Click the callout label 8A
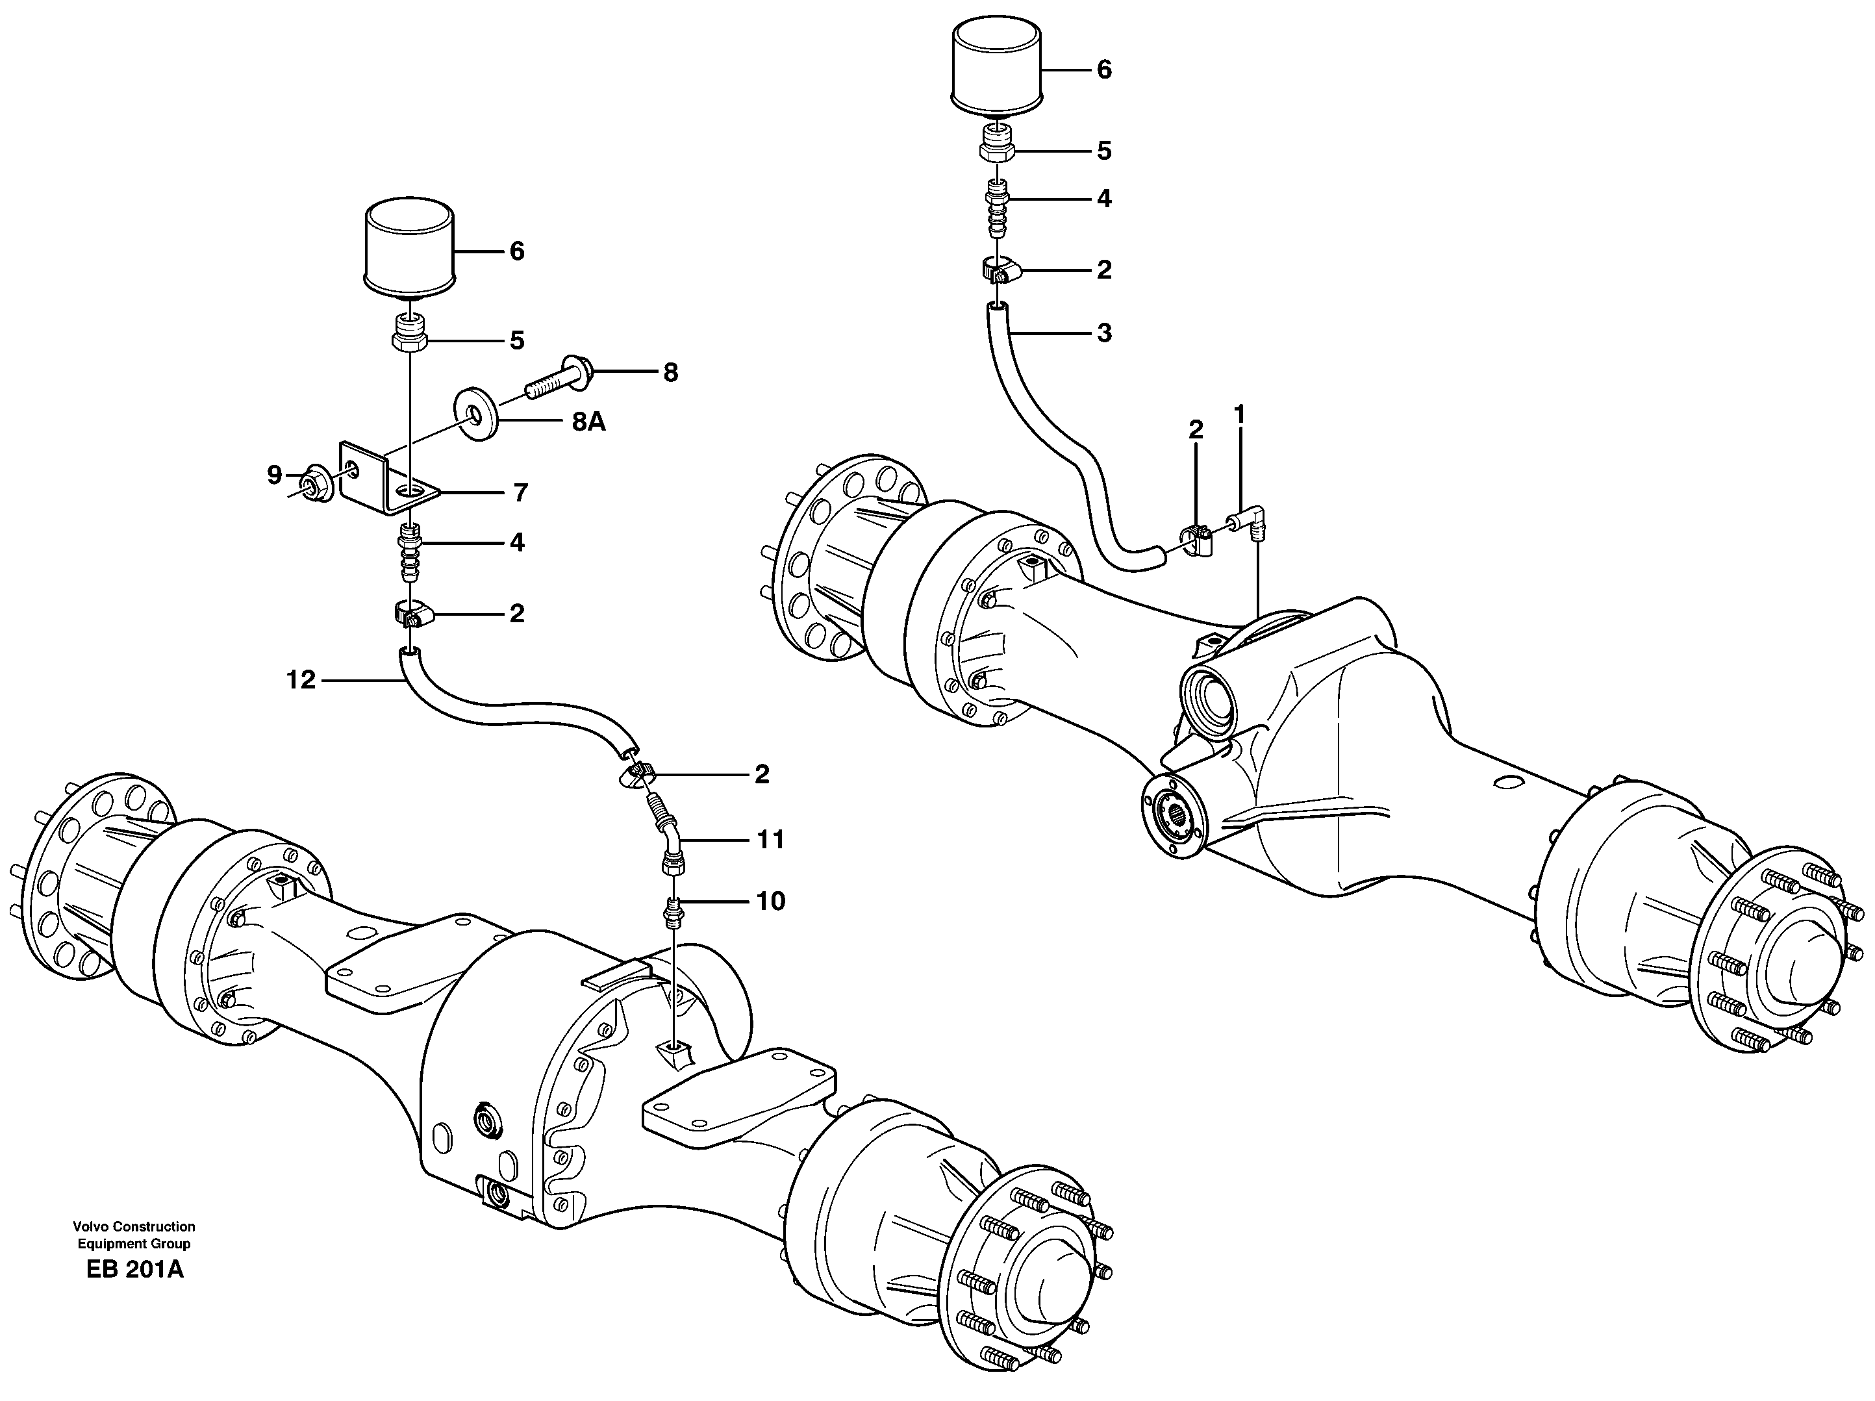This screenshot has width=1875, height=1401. pos(588,422)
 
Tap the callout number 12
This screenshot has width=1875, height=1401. pos(301,680)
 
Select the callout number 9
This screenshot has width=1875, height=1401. pos(274,475)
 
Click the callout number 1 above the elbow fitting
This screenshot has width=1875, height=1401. pos(1239,415)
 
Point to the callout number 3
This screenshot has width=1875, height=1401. pos(1103,333)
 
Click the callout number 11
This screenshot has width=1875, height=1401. pos(770,840)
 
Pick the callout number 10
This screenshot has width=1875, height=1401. pos(770,901)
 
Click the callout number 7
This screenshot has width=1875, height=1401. pos(520,492)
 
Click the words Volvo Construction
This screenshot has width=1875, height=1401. pos(134,1226)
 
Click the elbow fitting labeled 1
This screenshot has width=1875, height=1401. pos(1250,516)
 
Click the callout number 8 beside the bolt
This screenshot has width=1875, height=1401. pos(670,373)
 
